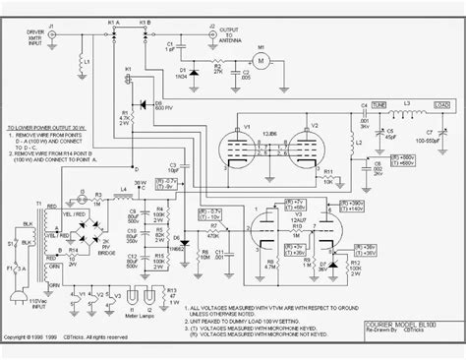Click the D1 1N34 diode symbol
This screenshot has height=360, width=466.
193,72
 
